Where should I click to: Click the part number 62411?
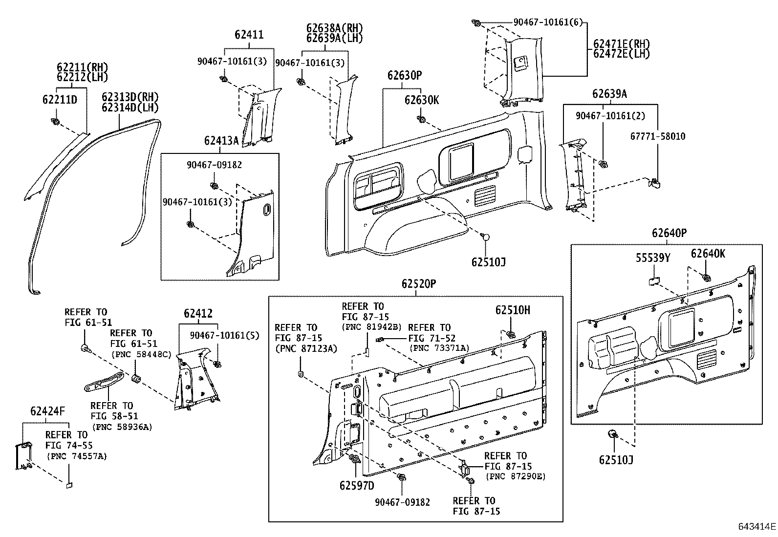249,35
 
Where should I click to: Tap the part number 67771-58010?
657,136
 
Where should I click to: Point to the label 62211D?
60,100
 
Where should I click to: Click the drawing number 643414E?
756,527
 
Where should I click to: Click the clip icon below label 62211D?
55,121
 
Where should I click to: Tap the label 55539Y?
652,258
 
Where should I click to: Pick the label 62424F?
47,411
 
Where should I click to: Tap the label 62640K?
708,253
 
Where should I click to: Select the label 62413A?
221,141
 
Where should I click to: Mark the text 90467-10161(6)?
548,22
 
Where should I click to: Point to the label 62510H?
513,310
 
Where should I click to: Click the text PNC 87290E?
515,476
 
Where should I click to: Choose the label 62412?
198,314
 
